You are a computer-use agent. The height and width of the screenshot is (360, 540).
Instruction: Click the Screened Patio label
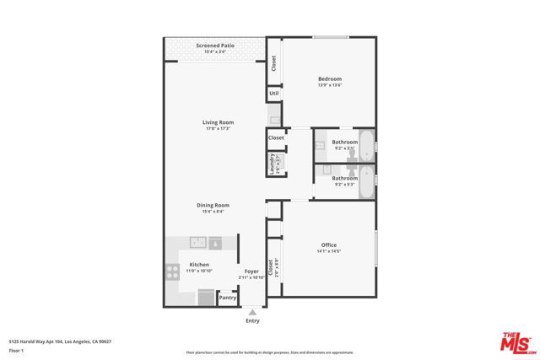214,46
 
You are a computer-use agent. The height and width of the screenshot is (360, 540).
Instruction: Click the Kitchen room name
199,264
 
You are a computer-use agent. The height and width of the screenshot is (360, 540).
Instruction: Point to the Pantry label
228,298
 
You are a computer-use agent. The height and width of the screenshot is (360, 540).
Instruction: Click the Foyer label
251,271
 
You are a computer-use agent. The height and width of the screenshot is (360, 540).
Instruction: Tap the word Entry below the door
252,320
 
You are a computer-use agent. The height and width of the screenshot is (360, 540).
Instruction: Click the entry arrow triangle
252,312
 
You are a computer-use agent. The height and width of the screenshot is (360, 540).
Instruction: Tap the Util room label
274,94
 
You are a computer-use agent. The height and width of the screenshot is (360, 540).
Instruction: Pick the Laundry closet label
272,163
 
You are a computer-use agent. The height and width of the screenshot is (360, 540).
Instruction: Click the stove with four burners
172,272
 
